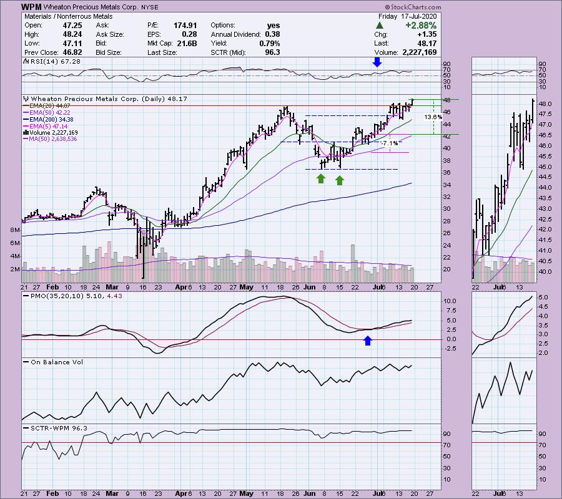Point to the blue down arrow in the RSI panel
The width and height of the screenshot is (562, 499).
pyautogui.click(x=377, y=62)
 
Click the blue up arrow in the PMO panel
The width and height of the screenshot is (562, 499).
pyautogui.click(x=368, y=340)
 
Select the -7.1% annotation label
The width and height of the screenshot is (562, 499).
pyautogui.click(x=390, y=143)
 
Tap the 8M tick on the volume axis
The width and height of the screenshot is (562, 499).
pyautogui.click(x=16, y=230)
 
